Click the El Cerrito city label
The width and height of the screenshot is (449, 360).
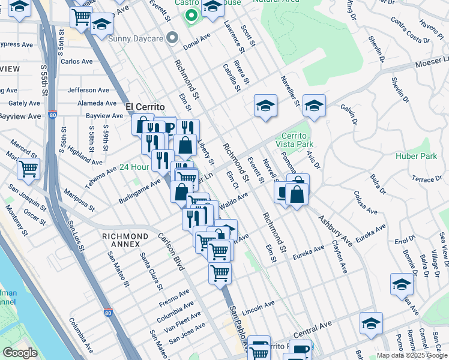tap(145, 107)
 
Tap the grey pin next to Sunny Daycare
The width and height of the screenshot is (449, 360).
tap(172, 38)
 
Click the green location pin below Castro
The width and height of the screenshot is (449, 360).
tap(191, 16)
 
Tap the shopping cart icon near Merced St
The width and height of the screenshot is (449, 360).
tap(29, 169)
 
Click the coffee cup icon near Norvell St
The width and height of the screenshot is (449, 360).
tap(283, 193)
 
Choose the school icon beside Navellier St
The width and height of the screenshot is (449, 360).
tap(265, 106)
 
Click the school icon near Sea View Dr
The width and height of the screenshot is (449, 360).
tap(402, 284)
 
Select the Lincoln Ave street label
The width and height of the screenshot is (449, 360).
tap(259, 307)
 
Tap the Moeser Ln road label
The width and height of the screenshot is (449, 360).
tap(432, 61)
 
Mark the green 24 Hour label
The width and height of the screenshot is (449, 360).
tap(133, 167)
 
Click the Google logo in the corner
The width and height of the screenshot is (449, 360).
tap(20, 353)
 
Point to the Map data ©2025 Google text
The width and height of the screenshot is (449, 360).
tap(412, 355)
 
